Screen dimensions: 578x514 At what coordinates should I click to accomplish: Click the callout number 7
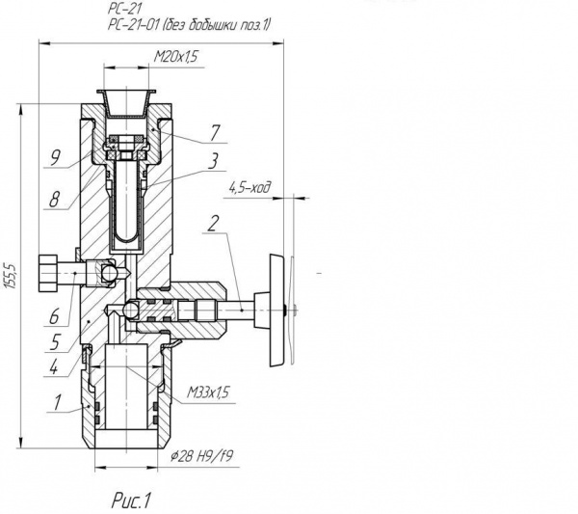pos(215,133)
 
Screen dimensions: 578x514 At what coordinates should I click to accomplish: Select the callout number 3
pos(213,161)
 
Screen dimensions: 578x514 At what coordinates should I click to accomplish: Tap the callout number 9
pos(55,158)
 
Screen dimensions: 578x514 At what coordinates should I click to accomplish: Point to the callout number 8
pos(54,200)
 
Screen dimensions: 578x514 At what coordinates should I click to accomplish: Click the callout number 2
pos(213,223)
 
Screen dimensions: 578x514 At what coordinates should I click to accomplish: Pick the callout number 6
pos(54,316)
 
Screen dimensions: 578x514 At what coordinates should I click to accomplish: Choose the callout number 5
pos(55,342)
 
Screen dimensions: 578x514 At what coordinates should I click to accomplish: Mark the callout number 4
pos(54,367)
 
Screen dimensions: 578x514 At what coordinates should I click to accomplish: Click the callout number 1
pos(57,402)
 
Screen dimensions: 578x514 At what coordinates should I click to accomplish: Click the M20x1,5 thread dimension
pos(176,57)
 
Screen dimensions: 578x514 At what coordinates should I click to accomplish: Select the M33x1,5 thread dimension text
pos(208,392)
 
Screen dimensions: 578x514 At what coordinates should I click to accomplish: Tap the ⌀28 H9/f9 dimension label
pos(201,457)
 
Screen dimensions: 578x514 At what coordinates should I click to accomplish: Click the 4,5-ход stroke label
pos(250,188)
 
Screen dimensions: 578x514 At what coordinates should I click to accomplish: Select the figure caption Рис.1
pos(131,501)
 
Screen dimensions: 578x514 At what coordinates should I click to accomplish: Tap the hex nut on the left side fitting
pos(47,273)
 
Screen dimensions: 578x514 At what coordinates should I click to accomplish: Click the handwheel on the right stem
pos(276,310)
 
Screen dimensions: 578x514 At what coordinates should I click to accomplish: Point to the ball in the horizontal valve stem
pos(131,310)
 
